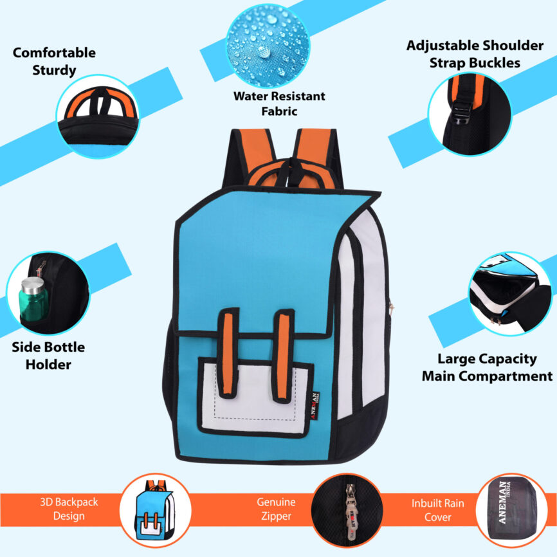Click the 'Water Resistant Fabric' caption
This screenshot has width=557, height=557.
coord(279,104)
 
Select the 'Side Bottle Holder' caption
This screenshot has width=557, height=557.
coord(48,355)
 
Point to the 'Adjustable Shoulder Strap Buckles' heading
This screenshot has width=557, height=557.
coord(475,54)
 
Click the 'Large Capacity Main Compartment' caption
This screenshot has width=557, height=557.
coord(487,367)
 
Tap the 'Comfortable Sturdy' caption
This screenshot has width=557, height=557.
coord(54,61)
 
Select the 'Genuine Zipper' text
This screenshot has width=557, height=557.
coord(276,509)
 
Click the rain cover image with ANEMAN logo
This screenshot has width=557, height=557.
coord(514,511)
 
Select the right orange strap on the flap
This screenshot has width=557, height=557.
coord(283,351)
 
